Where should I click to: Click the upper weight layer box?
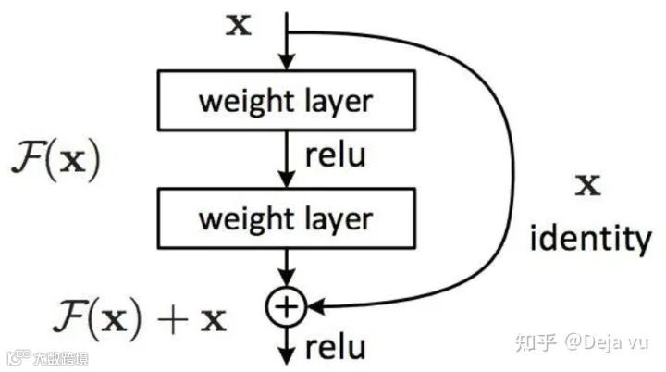(285, 99)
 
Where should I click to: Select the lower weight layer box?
(285, 218)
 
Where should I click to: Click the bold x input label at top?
(239, 24)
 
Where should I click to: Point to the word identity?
(590, 239)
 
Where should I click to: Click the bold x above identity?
(587, 185)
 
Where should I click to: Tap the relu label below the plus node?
(335, 348)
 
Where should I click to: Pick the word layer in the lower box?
(334, 219)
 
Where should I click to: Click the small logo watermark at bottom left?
(46, 358)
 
